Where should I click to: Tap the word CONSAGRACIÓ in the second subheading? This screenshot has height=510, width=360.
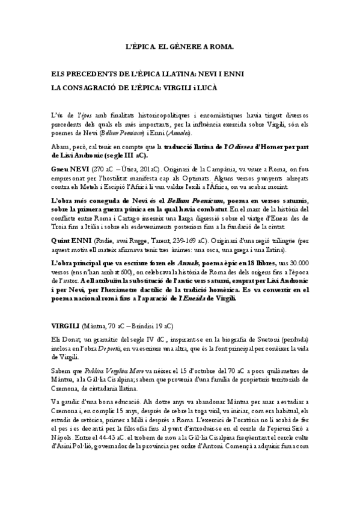(96, 87)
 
